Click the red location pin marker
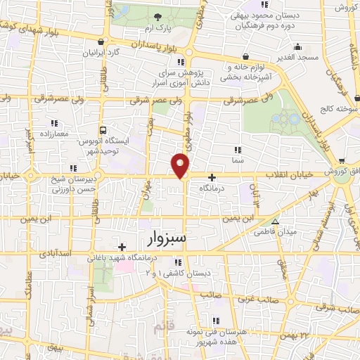181,165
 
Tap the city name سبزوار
167,236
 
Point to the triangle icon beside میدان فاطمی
276,219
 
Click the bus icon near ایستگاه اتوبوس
103,130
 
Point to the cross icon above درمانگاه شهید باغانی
123,246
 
